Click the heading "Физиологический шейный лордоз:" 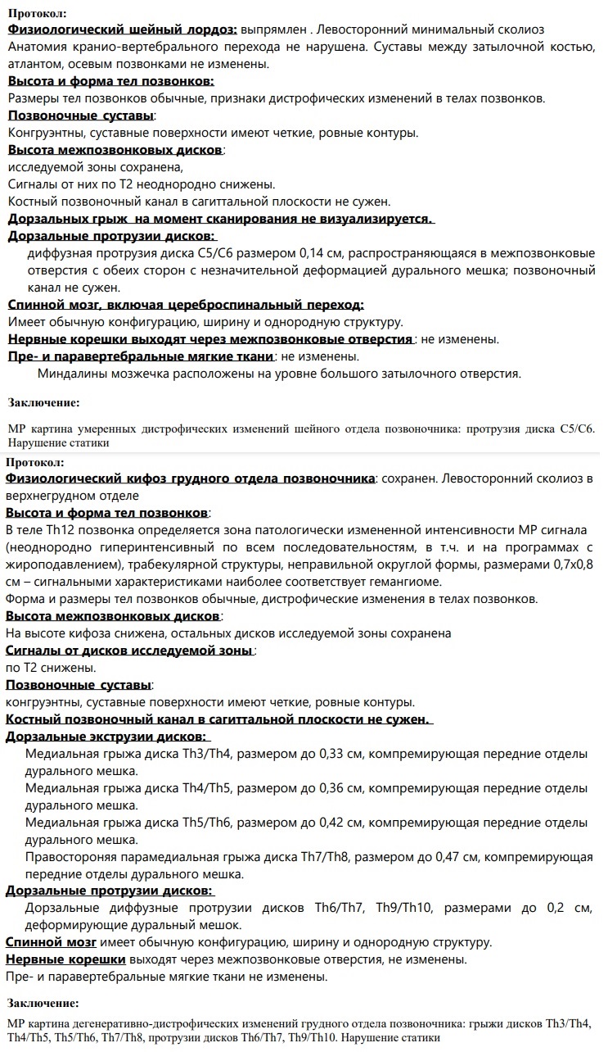point(123,29)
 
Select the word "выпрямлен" point(274,29)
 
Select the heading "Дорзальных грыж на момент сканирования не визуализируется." point(220,219)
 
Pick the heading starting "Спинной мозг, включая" point(186,305)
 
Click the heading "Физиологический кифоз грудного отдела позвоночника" point(191,478)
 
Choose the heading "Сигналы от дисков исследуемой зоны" point(129,651)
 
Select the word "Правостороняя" point(69,857)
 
